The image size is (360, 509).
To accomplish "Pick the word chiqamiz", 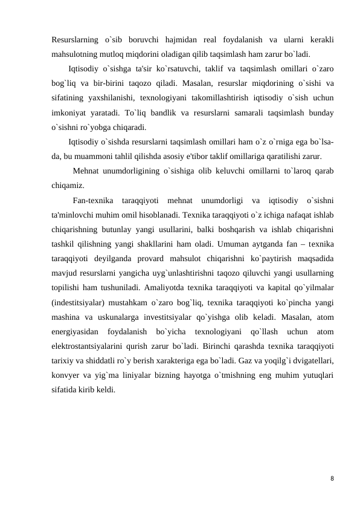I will point(68,186).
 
